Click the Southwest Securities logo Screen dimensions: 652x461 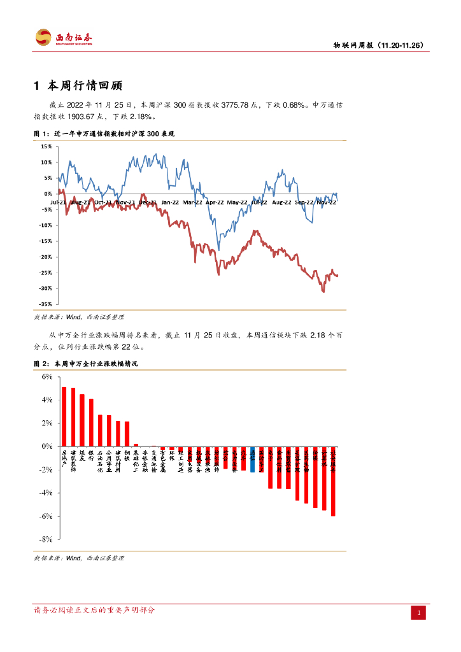(63, 38)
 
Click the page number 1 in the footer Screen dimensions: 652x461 (419, 613)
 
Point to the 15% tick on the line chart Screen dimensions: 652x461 (46, 146)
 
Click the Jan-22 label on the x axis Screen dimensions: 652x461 (169, 202)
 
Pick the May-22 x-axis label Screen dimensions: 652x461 (237, 202)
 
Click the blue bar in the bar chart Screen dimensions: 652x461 (252, 459)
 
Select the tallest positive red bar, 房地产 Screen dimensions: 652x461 (64, 416)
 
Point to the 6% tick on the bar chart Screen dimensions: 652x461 (46, 376)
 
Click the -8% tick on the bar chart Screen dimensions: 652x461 (45, 539)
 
